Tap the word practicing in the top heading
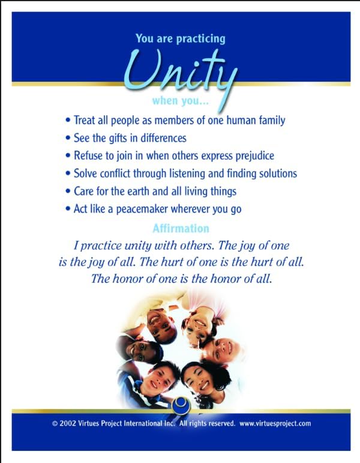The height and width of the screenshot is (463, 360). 200,39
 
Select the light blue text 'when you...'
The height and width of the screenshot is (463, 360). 180,101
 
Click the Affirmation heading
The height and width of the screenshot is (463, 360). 181,228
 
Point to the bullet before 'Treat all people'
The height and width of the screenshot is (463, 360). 68,121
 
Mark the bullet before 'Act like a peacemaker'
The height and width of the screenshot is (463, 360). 68,209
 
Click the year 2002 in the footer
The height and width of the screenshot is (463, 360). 68,423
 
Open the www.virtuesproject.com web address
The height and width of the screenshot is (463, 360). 275,424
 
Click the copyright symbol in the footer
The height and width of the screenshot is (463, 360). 55,424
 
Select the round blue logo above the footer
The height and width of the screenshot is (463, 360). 181,405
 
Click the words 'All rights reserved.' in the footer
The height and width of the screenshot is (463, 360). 207,423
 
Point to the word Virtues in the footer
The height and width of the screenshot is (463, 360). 88,423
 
